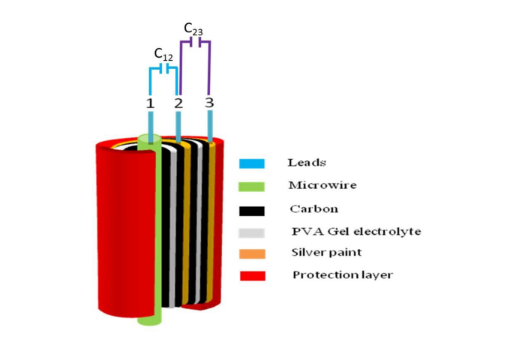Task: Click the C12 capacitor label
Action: tap(163, 54)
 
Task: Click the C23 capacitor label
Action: tap(193, 28)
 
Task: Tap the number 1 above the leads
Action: tap(150, 103)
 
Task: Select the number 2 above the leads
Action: tap(178, 103)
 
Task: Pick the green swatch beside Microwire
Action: tap(252, 185)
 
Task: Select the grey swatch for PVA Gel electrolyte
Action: tap(252, 231)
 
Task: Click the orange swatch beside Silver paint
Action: tap(252, 253)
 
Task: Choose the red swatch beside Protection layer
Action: tap(252, 276)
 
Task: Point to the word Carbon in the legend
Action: tap(308, 208)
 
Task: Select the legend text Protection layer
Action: tap(343, 275)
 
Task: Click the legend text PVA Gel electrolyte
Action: tap(356, 231)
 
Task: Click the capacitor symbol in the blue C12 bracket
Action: tap(163, 69)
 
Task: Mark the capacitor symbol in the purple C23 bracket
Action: tap(194, 43)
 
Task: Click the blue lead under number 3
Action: tap(211, 124)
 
